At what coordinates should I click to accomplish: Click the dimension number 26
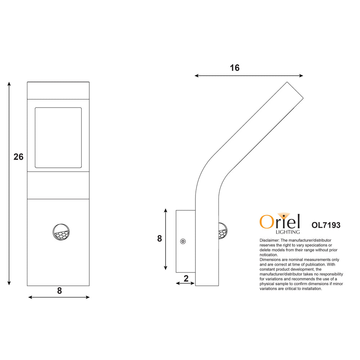[x=18, y=157]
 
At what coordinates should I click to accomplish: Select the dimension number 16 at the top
[x=234, y=68]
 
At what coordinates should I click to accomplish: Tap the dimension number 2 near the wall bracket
[x=186, y=278]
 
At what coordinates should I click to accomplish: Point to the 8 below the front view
[x=59, y=291]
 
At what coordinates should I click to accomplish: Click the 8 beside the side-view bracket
[x=159, y=239]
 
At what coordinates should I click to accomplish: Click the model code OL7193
[x=326, y=225]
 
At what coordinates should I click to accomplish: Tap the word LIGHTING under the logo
[x=287, y=232]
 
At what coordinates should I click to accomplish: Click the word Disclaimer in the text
[x=269, y=240]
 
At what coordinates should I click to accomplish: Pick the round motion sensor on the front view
[x=60, y=232]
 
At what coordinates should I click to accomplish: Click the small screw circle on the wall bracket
[x=183, y=241]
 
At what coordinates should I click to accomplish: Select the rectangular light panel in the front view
[x=58, y=138]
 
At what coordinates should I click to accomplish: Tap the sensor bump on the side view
[x=222, y=231]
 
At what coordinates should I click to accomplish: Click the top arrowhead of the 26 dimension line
[x=9, y=84]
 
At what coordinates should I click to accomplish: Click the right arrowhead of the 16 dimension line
[x=301, y=76]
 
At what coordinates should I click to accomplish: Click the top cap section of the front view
[x=58, y=90]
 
